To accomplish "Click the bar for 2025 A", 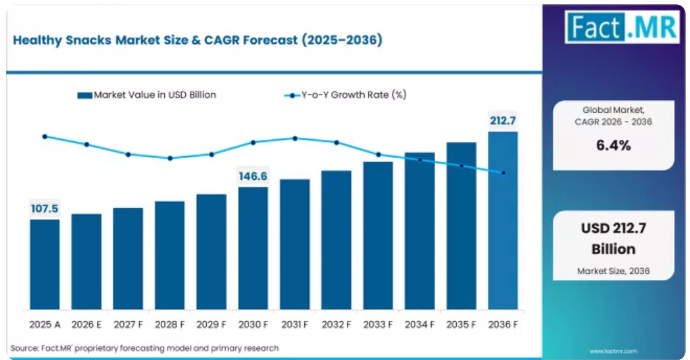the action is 45,264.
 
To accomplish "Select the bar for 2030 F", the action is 253,248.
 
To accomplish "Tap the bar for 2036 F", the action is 503,221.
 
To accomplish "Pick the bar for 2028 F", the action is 170,256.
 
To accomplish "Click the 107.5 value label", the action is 45,209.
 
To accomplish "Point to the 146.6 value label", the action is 253,176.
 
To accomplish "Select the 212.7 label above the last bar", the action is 503,120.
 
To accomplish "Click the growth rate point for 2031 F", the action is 295,138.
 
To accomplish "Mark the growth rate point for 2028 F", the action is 171,158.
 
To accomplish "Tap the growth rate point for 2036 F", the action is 503,173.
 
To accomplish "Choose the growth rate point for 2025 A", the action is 45,137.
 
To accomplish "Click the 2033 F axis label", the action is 378,324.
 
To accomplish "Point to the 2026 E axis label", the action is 86,324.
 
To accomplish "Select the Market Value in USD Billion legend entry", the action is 147,95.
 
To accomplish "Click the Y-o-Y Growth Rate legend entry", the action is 345,95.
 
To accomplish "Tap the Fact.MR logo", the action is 622,27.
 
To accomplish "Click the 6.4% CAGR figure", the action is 613,146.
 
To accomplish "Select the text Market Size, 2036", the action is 613,271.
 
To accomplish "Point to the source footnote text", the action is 145,348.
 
